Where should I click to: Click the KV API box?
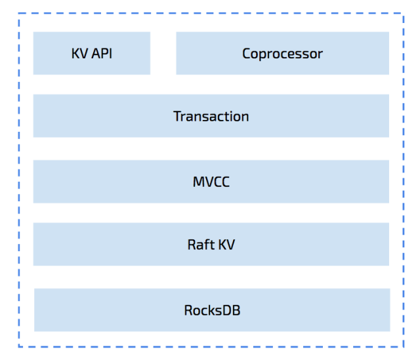pos(91,53)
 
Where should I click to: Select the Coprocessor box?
pos(282,53)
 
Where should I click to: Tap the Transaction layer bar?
pos(211,116)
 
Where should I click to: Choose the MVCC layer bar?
pos(211,182)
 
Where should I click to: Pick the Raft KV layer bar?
pos(211,245)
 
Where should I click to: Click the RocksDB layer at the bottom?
pos(211,310)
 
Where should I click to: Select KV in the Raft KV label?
pos(226,245)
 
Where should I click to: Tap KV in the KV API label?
pos(79,54)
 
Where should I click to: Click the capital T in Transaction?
pos(177,117)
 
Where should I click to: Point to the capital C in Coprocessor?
pos(247,54)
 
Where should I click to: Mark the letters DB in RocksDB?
pos(232,310)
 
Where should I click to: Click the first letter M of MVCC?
pos(198,182)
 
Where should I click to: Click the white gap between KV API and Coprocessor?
pos(163,53)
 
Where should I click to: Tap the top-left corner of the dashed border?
pos(18,13)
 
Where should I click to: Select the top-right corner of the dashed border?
pos(403,13)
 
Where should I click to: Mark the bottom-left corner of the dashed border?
pos(18,346)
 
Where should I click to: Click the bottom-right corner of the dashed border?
pos(403,346)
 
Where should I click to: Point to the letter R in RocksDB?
pos(188,310)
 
